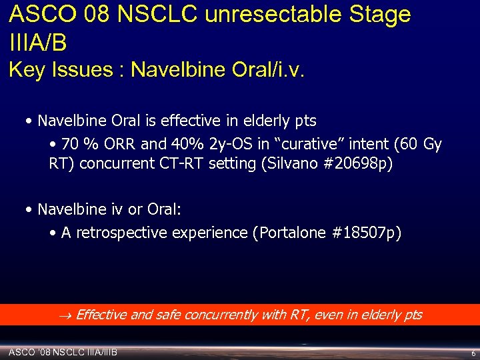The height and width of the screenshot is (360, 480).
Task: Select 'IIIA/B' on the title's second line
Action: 38,43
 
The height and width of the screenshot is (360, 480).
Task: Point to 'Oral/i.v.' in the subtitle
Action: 265,70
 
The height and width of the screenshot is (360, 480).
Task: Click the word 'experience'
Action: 209,233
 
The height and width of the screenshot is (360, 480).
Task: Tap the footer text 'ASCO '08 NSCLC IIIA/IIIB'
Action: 63,351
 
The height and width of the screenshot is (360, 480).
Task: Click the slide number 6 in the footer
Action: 473,353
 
